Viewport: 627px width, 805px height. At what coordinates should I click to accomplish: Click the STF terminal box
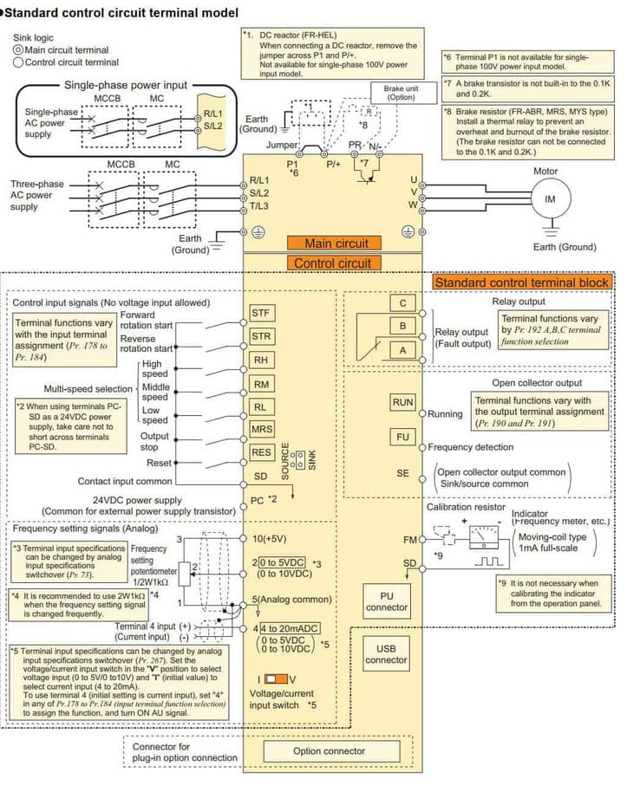[261, 313]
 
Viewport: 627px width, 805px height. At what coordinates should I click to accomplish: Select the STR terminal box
[261, 336]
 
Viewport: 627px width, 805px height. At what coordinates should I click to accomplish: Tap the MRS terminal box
[261, 429]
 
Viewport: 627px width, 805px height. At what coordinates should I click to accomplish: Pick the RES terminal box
[261, 452]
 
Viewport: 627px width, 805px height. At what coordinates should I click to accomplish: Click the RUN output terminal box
[402, 403]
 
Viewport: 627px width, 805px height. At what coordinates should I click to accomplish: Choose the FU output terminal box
[402, 437]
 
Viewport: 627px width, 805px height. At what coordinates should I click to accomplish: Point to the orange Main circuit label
[336, 244]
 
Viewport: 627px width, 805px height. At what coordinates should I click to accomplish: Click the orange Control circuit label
[332, 263]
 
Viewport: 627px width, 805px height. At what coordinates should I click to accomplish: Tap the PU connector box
[387, 601]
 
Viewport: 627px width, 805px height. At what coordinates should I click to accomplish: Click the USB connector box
[386, 654]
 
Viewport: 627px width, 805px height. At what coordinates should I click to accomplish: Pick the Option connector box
[329, 751]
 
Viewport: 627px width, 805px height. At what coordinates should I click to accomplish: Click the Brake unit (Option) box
[401, 93]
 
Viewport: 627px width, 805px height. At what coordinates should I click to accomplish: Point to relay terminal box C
[402, 303]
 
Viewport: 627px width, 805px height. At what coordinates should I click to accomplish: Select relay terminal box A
[402, 348]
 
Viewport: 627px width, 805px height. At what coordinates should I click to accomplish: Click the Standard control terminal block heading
[521, 282]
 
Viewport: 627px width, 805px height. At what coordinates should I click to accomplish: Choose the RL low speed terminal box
[261, 406]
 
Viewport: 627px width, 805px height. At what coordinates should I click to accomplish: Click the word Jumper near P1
[283, 145]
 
